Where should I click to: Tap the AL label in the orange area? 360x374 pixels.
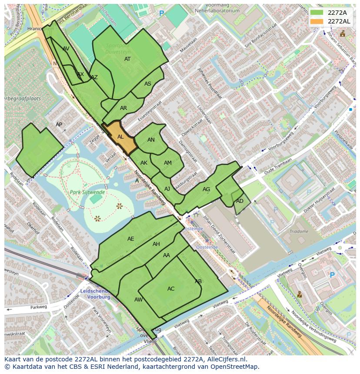(x=120, y=137)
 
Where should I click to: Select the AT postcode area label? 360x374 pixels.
(x=127, y=59)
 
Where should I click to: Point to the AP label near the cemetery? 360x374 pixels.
(x=59, y=125)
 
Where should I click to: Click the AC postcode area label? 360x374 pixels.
(x=171, y=289)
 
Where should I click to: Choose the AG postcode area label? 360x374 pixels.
(x=206, y=189)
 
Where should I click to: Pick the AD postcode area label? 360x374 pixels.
(x=240, y=201)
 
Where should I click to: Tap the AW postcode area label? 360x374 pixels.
(x=138, y=300)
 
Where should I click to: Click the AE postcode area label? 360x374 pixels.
(x=131, y=239)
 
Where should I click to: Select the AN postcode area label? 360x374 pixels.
(x=151, y=140)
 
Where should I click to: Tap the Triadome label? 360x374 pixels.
(x=299, y=232)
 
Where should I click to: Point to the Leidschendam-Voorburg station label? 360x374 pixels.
(x=96, y=294)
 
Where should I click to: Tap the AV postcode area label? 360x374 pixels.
(x=66, y=49)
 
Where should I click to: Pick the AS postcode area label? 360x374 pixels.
(x=148, y=84)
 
